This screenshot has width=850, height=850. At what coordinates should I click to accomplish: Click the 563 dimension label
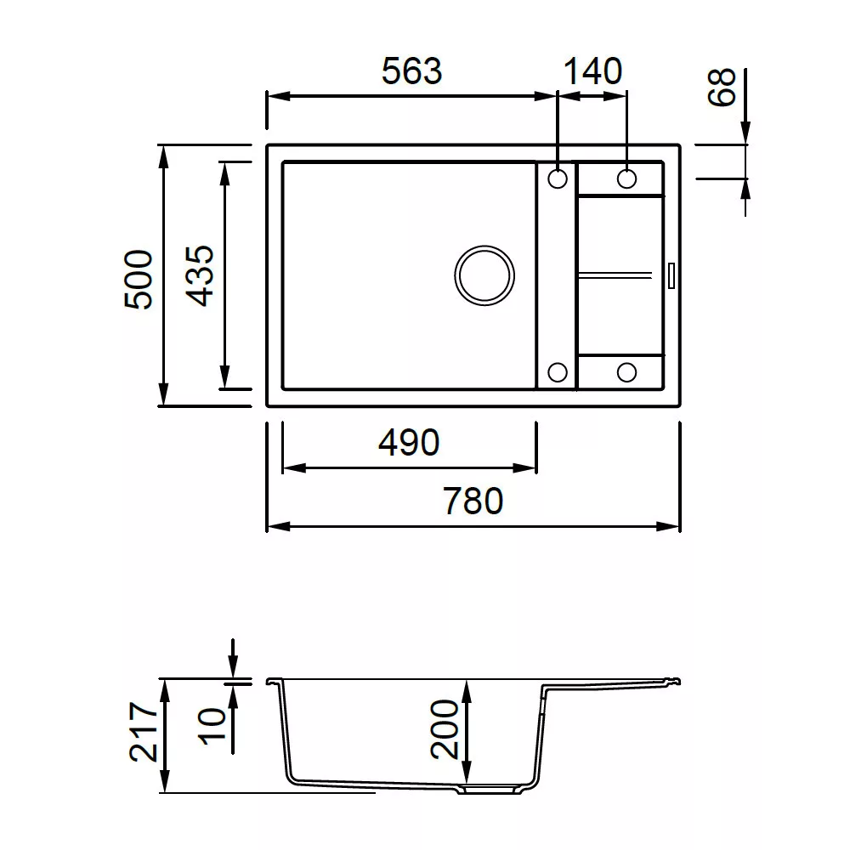coord(412,71)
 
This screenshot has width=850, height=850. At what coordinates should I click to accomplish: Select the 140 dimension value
coord(592,71)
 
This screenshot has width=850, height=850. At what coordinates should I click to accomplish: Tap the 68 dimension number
coord(722,87)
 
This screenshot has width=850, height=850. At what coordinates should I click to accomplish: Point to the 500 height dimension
coord(139,279)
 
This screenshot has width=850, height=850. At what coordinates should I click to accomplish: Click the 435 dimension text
coord(200,276)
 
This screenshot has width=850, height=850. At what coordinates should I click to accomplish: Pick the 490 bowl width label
coord(409,442)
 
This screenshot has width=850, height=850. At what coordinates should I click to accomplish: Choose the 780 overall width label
coord(473,501)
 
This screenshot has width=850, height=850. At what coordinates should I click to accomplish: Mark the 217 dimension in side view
coord(144,732)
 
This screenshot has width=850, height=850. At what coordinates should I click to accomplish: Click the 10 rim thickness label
coord(212,726)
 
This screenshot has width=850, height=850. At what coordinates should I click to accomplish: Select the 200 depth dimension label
coord(445,729)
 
